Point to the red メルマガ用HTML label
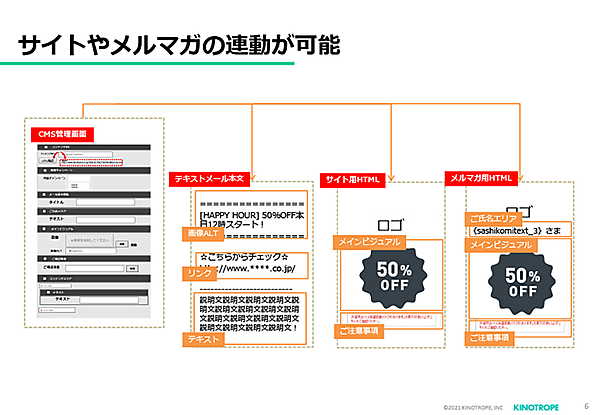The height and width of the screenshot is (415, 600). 479,178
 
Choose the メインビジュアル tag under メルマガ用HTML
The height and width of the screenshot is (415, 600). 502,244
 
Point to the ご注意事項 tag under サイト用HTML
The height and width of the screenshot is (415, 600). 362,330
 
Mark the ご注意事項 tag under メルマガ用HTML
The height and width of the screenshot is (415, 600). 489,338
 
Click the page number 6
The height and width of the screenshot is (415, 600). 585,405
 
